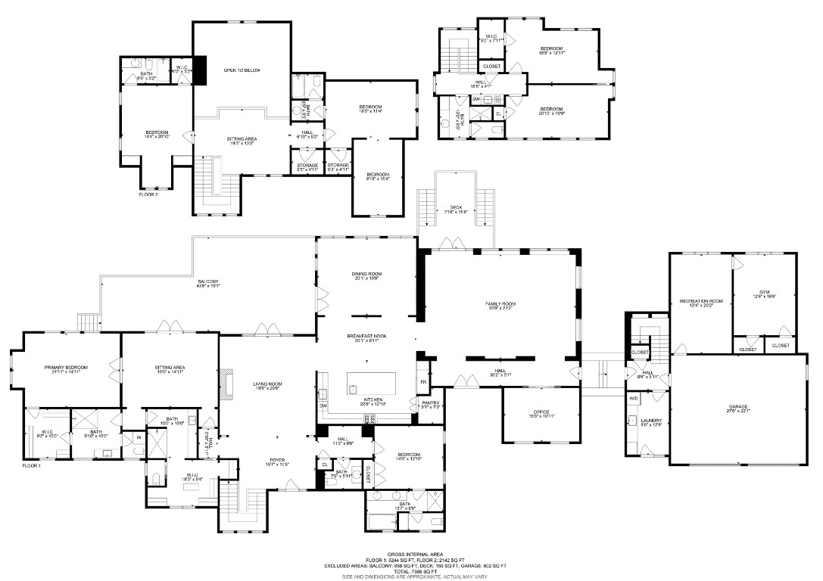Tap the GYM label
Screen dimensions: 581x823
click(764, 292)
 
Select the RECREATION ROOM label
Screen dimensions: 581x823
click(701, 301)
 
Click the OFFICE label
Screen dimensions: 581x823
click(541, 412)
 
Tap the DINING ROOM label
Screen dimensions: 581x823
click(366, 274)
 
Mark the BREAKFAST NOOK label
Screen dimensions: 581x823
click(366, 335)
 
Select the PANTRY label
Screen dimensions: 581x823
click(431, 402)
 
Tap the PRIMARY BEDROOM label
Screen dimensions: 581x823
click(66, 368)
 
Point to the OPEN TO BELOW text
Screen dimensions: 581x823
click(242, 70)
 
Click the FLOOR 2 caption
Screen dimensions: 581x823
click(148, 194)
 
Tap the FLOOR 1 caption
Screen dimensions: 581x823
click(31, 466)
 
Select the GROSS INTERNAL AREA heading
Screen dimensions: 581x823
click(411, 554)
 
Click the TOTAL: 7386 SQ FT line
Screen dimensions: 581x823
click(411, 570)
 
